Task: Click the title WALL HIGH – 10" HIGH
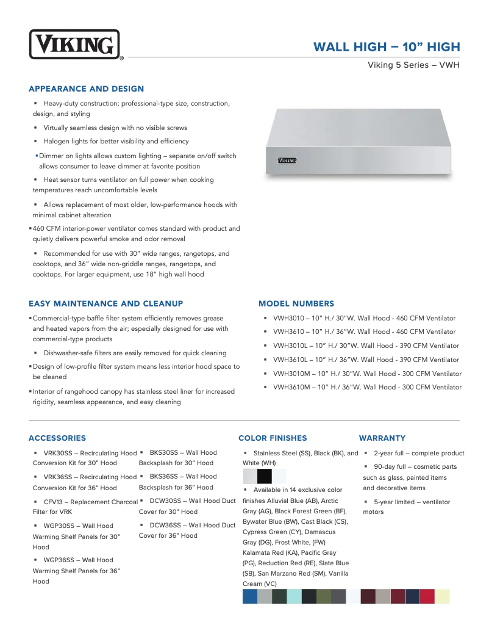coord(386,48)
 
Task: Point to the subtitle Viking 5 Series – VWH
coord(413,65)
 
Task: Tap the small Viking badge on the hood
coord(287,161)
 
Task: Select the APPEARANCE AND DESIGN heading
coord(86,89)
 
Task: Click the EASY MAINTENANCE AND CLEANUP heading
coord(105,303)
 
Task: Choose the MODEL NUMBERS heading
coord(296,303)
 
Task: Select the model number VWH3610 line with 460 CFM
coord(364,331)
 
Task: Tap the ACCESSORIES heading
coord(57,438)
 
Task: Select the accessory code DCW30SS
coord(165,501)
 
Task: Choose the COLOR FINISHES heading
coord(273,438)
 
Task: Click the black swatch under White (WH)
coord(265,476)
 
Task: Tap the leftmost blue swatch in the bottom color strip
coord(250,596)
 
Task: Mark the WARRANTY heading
coord(382,438)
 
